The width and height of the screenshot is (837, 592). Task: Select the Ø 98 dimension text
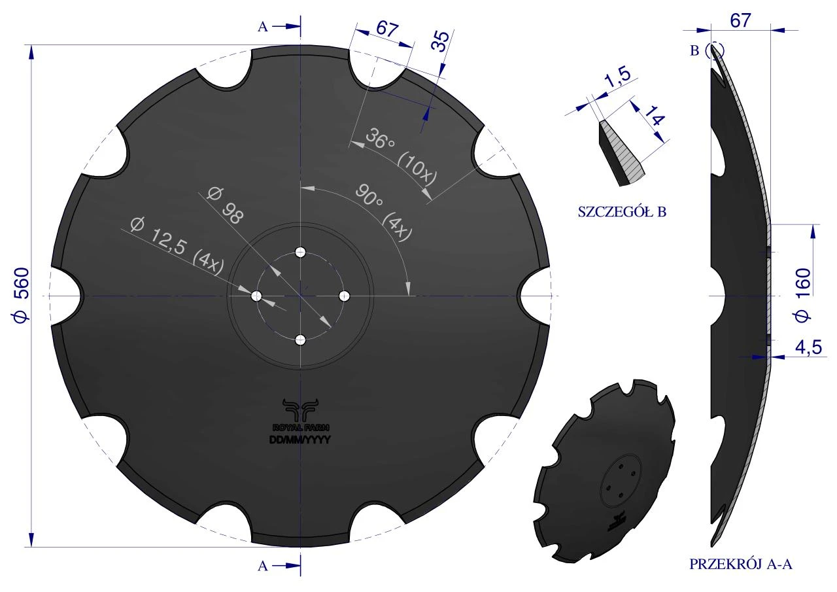pos(226,205)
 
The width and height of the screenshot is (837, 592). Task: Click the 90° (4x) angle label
pos(384,213)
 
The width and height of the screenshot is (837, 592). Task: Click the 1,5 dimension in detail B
pos(617,77)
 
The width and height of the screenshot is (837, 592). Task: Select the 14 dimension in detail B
pos(655,116)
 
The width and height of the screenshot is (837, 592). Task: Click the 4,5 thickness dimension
pos(808,347)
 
